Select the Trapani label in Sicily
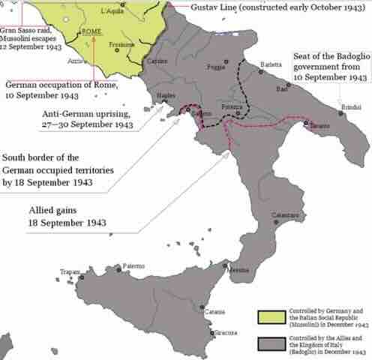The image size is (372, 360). [x=70, y=271]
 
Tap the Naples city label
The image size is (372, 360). [x=166, y=97]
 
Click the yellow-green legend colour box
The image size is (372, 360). [x=267, y=315]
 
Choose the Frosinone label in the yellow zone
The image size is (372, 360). [x=121, y=44]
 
